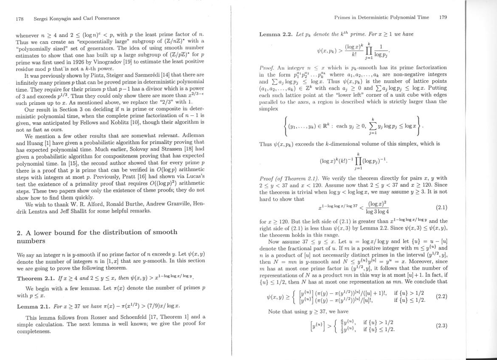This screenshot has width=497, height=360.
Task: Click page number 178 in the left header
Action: pyautogui.click(x=19, y=18)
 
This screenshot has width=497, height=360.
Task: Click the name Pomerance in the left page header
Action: pyautogui.click(x=105, y=18)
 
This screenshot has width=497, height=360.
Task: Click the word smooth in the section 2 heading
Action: pyautogui.click(x=159, y=232)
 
